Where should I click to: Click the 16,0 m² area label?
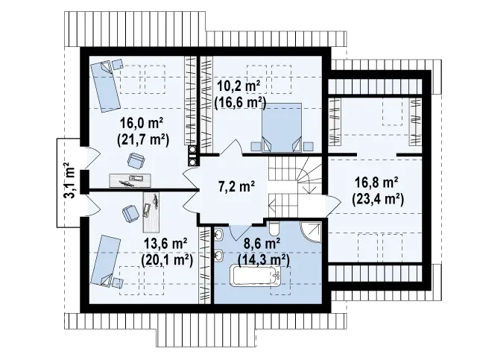(142, 124)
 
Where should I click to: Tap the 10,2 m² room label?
(239, 86)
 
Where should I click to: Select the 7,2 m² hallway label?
(237, 186)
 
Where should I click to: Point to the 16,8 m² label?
(377, 183)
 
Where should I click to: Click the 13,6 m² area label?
(165, 244)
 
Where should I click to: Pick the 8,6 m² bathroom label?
(262, 244)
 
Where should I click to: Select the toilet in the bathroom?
(274, 228)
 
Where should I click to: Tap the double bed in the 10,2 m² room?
(282, 127)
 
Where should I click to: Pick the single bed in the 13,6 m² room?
(105, 261)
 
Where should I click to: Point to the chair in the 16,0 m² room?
(136, 160)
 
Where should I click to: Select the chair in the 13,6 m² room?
(130, 213)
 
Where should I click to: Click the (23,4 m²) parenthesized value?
(378, 199)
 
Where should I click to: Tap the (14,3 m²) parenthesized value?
(263, 260)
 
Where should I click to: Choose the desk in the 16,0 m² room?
(130, 180)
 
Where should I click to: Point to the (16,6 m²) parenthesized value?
(240, 103)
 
